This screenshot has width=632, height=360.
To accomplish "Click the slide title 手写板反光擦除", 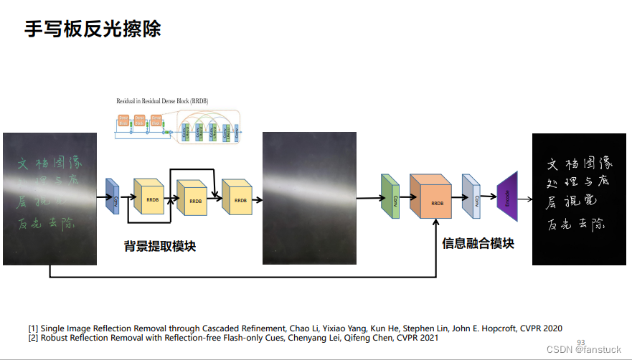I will [93, 29].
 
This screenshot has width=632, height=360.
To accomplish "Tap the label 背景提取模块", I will [160, 247].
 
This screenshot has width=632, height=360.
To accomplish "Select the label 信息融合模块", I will [478, 243].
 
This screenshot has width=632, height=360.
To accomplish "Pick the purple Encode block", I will [507, 192].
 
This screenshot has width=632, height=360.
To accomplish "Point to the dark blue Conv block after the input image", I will [113, 196].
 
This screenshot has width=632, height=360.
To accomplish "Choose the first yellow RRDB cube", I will [149, 198].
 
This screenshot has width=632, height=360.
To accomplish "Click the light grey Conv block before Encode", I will [471, 195].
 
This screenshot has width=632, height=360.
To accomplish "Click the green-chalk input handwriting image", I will [49, 199].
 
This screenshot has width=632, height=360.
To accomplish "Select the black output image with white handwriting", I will [578, 199].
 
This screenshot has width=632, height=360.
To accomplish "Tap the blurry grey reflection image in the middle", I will [310, 199].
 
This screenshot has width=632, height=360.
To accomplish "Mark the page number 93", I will [581, 342].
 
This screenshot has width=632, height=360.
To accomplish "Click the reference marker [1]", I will [34, 328].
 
